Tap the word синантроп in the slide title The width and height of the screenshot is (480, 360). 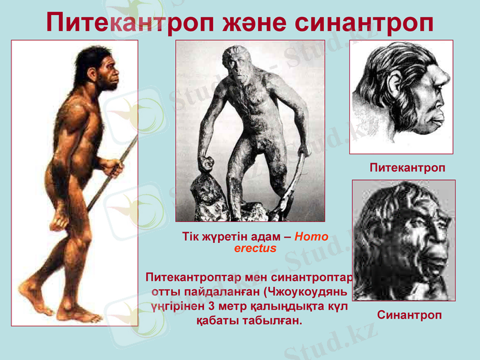(364, 22)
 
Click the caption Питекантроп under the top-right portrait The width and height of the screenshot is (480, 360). (407, 168)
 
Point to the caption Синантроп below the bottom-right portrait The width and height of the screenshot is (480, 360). (409, 314)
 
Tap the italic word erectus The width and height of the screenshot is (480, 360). (255, 248)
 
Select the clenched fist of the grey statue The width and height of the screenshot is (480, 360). (206, 163)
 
